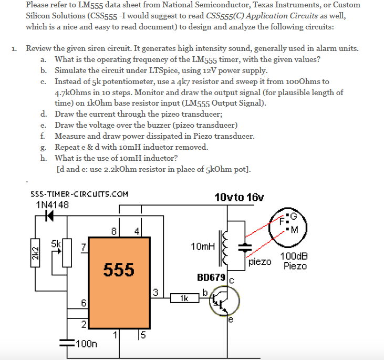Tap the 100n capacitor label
click(x=87, y=344)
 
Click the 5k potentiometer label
click(x=57, y=243)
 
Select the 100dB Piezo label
click(x=294, y=261)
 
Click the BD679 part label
click(x=211, y=277)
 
